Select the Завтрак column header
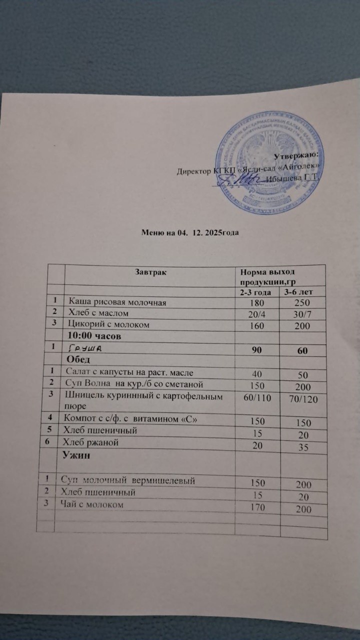coord(150,272)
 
